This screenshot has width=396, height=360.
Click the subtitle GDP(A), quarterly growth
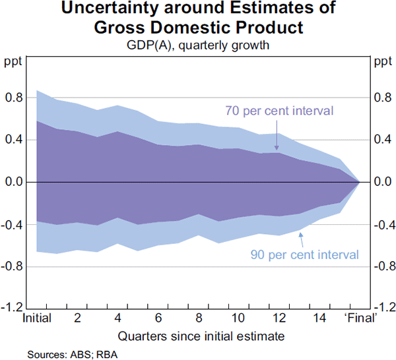click(198, 45)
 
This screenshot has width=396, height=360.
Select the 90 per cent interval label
click(304, 254)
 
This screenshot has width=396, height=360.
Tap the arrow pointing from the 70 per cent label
click(277, 140)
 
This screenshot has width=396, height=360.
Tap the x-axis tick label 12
click(279, 318)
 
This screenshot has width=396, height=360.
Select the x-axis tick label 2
click(78, 318)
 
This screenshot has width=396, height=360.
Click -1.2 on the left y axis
click(13, 308)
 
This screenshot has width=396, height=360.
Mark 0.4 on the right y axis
click(381, 140)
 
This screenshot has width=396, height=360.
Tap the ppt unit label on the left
click(13, 63)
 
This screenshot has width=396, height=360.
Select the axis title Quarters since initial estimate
click(198, 336)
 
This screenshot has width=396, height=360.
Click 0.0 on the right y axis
click(381, 182)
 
